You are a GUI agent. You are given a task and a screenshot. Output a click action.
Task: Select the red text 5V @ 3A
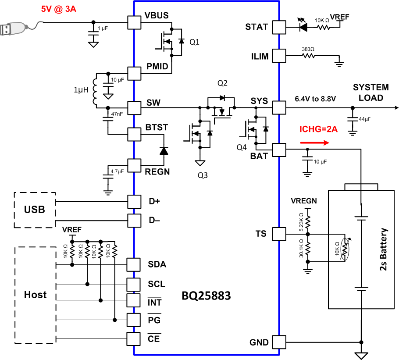pyautogui.click(x=59, y=9)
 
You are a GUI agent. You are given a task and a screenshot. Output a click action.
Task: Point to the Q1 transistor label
pyautogui.click(x=194, y=42)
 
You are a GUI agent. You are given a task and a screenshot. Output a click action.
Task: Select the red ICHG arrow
pyautogui.click(x=314, y=142)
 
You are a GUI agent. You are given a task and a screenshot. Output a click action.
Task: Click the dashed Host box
pyautogui.click(x=35, y=295)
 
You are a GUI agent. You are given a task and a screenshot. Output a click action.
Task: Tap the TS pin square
pyautogui.click(x=278, y=234)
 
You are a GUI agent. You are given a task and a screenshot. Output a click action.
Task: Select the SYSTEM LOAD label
pyautogui.click(x=371, y=93)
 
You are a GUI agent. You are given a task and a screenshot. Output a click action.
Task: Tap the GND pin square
pyautogui.click(x=278, y=342)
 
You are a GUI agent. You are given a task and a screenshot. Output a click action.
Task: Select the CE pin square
pyautogui.click(x=134, y=339)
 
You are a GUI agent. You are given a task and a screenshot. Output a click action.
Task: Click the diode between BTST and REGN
pyautogui.click(x=164, y=150)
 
